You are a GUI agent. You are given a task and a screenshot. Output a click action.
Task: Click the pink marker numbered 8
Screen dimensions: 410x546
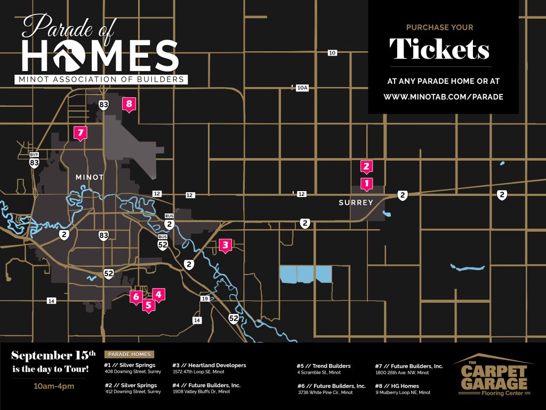pos(129,104)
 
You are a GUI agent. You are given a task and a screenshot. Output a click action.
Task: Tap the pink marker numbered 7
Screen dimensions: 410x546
pos(81,132)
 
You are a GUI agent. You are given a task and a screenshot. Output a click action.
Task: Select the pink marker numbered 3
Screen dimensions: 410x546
pos(226,246)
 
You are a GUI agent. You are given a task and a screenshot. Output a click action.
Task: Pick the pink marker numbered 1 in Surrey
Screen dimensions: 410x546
pos(366,184)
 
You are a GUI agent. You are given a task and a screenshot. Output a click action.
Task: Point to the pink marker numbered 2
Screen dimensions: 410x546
pos(366,167)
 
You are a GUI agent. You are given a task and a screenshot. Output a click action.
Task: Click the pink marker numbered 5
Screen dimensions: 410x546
pos(149,305)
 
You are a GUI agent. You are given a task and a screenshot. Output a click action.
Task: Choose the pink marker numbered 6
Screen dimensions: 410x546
pos(136,296)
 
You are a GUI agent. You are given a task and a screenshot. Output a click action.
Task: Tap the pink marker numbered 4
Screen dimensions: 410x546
pos(158,294)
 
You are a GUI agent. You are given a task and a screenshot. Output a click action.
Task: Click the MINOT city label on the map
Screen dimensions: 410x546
pos(90,177)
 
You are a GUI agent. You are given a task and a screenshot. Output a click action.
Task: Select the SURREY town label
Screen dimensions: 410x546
pos(356,203)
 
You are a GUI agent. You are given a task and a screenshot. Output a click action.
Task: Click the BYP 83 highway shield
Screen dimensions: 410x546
pos(34,160)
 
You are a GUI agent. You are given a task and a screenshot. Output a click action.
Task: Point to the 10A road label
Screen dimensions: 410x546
pos(302,88)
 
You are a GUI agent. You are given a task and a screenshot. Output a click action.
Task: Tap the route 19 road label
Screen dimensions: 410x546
pos(205,298)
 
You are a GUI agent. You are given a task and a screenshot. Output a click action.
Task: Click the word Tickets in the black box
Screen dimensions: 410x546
pos(439,50)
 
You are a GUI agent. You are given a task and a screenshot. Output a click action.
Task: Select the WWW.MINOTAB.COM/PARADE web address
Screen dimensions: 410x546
pos(443,97)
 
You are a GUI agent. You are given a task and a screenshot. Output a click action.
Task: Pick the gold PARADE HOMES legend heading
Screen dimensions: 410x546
pos(130,354)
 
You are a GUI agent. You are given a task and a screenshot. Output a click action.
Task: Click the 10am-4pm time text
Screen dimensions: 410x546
pos(53,386)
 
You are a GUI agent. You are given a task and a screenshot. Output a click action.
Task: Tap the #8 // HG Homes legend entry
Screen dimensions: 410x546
pos(397,386)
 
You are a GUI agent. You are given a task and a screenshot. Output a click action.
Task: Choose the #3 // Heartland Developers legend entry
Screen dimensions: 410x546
pos(209,366)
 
